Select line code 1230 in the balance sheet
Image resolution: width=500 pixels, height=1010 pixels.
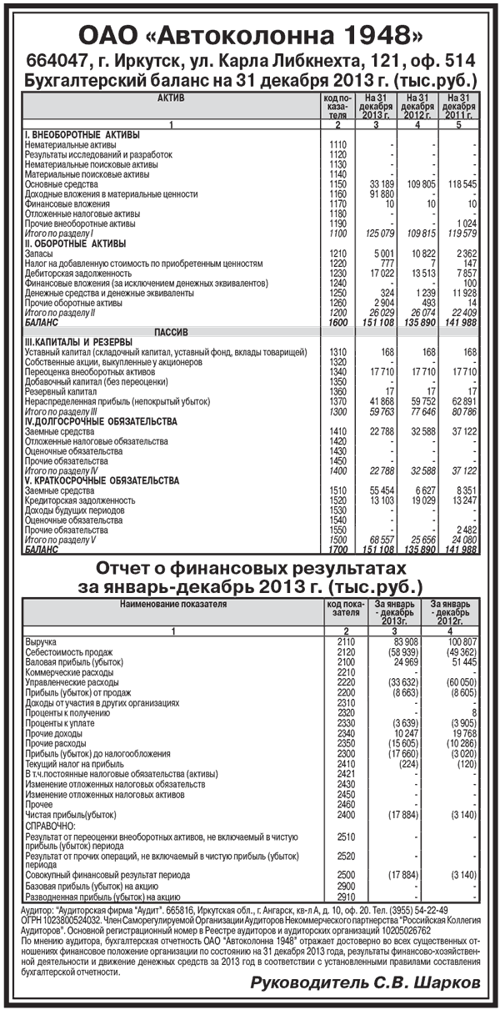click(x=337, y=273)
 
